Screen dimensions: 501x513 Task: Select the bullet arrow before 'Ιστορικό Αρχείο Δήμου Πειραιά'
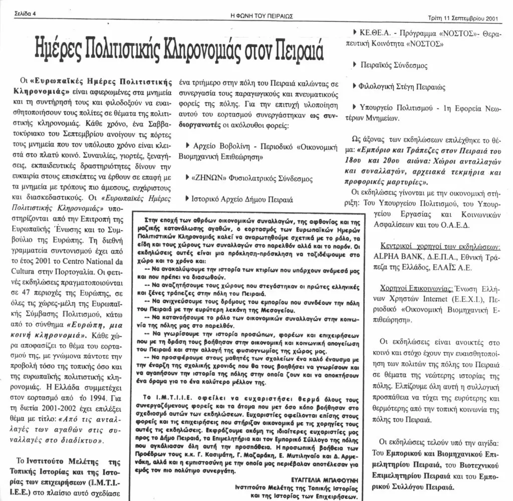[187, 198]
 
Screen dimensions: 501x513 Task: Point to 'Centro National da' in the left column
[138, 260]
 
